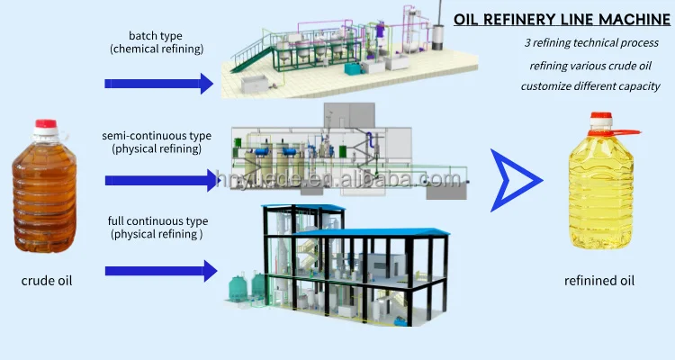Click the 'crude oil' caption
(x=47, y=281)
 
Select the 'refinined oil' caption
(x=599, y=281)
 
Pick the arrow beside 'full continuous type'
(x=161, y=270)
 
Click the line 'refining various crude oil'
(x=590, y=65)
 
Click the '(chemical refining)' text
(x=157, y=50)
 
